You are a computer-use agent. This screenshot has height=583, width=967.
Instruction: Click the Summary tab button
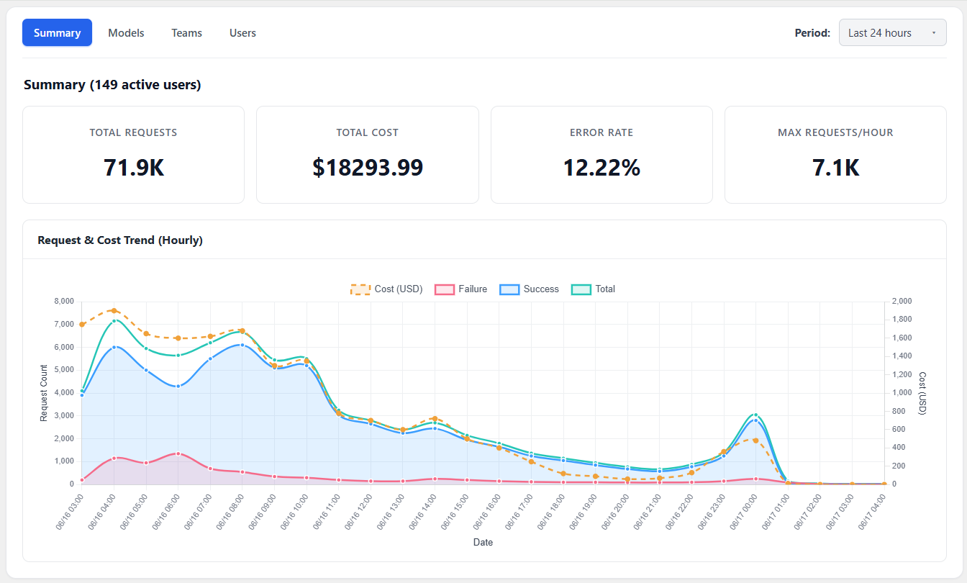click(x=57, y=32)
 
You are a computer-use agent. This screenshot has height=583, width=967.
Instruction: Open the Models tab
click(x=126, y=33)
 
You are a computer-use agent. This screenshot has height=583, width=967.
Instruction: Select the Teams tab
click(x=186, y=33)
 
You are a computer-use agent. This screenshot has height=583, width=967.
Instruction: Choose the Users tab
click(x=242, y=33)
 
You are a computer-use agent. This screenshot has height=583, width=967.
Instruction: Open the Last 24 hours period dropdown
click(x=892, y=32)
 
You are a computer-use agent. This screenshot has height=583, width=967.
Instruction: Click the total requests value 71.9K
click(x=133, y=168)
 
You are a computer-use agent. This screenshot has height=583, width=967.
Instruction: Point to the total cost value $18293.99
click(x=368, y=168)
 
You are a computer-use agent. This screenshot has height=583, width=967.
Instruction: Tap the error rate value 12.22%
click(x=601, y=168)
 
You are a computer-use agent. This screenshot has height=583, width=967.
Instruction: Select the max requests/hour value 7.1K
click(x=835, y=168)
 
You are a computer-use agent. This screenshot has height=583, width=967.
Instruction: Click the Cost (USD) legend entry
click(x=386, y=289)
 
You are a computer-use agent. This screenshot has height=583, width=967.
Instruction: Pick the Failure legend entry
click(x=460, y=289)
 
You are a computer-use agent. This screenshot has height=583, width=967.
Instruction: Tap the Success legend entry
click(x=529, y=289)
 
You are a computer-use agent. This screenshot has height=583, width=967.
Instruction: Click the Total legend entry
click(x=593, y=289)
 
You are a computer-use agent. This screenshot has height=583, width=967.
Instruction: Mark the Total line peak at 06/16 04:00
click(x=114, y=321)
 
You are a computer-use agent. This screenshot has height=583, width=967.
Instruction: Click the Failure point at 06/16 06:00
click(x=178, y=453)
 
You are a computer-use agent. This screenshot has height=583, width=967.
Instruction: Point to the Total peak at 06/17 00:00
click(x=755, y=415)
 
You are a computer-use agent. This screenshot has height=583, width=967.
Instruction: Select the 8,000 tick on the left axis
click(x=64, y=301)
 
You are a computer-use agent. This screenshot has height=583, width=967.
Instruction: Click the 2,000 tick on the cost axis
click(x=902, y=301)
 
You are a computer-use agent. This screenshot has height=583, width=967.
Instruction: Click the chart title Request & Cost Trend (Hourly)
click(x=120, y=240)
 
